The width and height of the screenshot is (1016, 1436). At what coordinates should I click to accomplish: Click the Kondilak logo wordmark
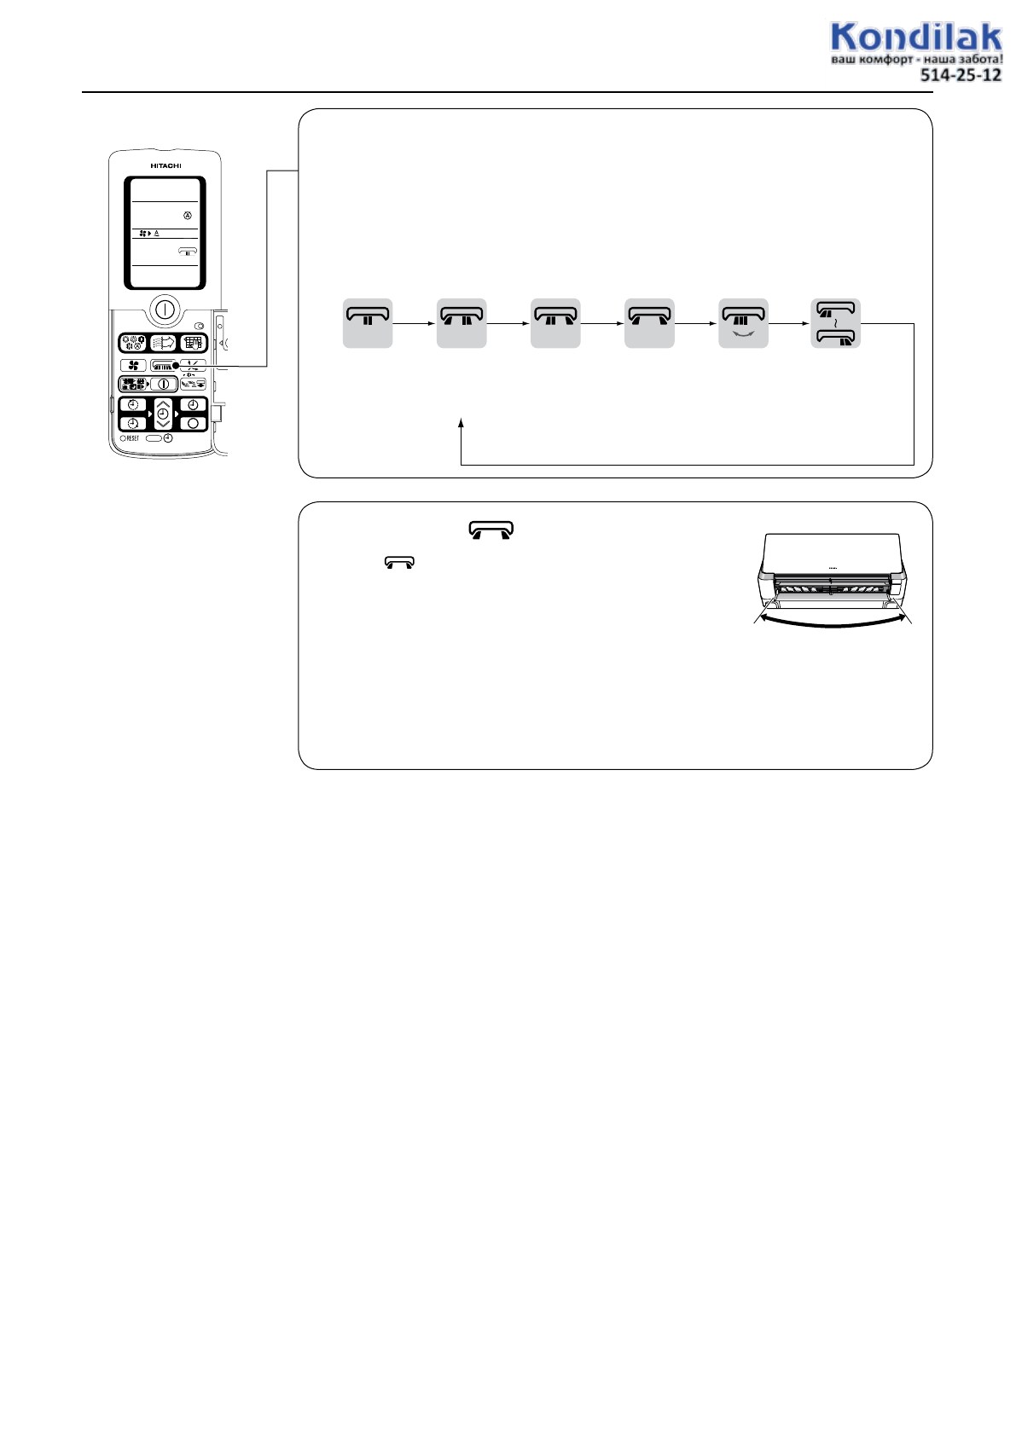tap(915, 38)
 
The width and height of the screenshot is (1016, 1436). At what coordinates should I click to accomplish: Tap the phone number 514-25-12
tap(960, 75)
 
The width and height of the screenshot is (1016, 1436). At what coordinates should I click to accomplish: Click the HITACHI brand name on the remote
tap(165, 165)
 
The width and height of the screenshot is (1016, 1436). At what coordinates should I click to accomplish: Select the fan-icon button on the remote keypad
tap(133, 366)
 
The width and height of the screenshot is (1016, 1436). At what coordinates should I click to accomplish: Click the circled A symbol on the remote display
tap(188, 215)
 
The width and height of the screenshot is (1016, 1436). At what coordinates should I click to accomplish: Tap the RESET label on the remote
tap(132, 438)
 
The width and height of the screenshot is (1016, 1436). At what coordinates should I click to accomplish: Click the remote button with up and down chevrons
tap(163, 414)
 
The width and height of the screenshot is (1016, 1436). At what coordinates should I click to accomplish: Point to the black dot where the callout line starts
tap(176, 366)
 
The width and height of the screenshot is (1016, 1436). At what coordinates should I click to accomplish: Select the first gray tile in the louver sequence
tap(368, 323)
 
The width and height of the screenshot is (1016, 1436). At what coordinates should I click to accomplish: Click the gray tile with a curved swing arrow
tap(743, 323)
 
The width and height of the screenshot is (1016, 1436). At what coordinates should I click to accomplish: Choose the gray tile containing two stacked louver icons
tap(836, 323)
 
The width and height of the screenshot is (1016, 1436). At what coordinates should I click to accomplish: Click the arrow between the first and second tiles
tap(415, 324)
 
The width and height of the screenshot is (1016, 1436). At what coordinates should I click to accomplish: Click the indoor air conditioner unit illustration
tap(832, 567)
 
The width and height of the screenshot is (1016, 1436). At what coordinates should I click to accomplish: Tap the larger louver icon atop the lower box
tap(491, 530)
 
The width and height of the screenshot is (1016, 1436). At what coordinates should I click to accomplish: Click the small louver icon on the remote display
tap(188, 252)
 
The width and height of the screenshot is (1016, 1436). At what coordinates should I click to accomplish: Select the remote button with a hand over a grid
tap(193, 344)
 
